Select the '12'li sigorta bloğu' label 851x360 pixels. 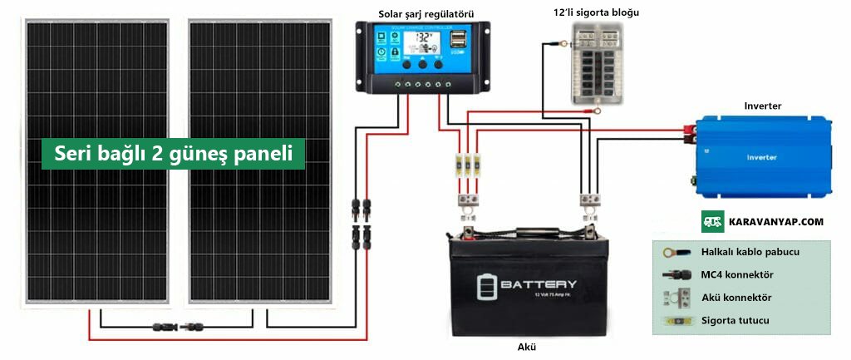(596, 12)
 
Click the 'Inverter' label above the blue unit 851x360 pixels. (762, 106)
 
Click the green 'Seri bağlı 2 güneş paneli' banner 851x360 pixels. (173, 154)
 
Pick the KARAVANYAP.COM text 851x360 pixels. (775, 222)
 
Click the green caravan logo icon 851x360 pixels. (712, 222)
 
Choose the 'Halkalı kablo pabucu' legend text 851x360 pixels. (750, 252)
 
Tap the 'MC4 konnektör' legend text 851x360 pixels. (737, 274)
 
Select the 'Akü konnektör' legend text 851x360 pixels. (736, 297)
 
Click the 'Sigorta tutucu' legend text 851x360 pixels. (735, 320)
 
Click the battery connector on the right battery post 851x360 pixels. (590, 200)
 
